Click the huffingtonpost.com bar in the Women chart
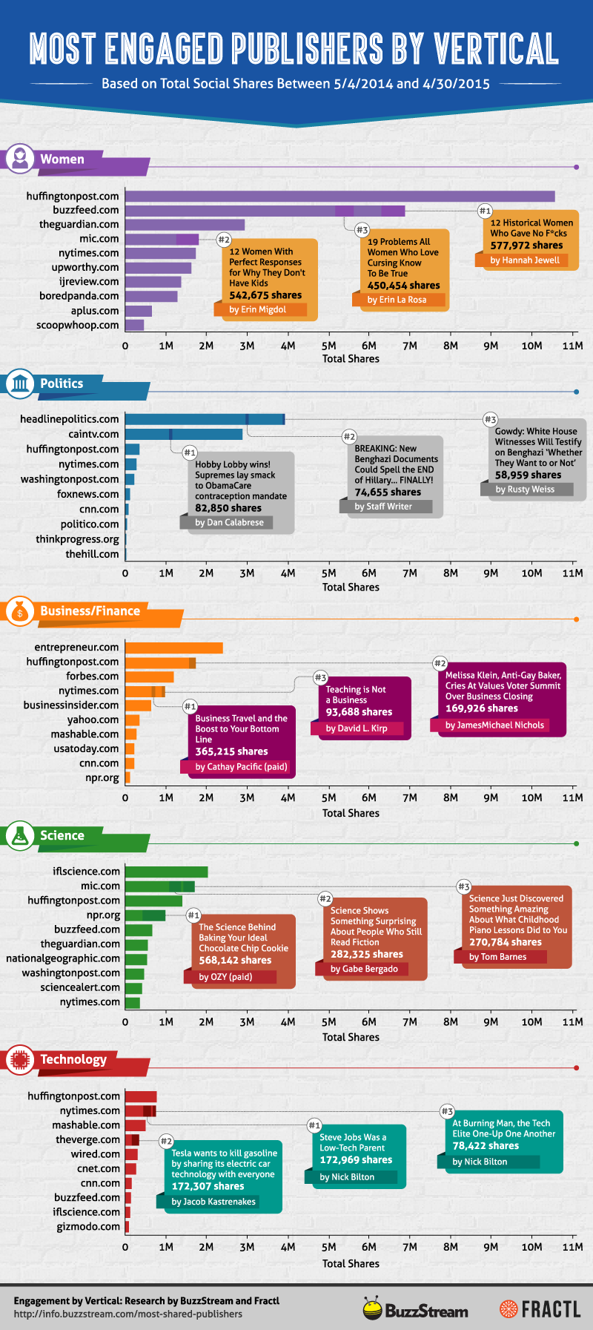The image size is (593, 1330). point(339,196)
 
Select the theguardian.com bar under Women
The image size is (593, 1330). point(185,225)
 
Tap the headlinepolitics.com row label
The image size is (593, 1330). point(69,419)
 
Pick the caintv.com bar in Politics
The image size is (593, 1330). point(184,434)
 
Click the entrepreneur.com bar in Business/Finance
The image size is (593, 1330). point(174,648)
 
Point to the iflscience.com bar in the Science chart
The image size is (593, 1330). point(166,872)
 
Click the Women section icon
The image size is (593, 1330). point(19,159)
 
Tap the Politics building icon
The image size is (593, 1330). point(19,383)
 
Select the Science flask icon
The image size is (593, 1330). point(19,835)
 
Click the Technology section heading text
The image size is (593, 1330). point(73,1059)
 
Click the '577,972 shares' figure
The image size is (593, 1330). point(526,246)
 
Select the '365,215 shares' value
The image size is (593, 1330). point(231,751)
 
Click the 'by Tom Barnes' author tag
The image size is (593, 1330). point(497,957)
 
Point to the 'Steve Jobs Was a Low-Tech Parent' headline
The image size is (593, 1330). point(353,1142)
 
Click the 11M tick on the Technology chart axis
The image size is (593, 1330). point(572,1246)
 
